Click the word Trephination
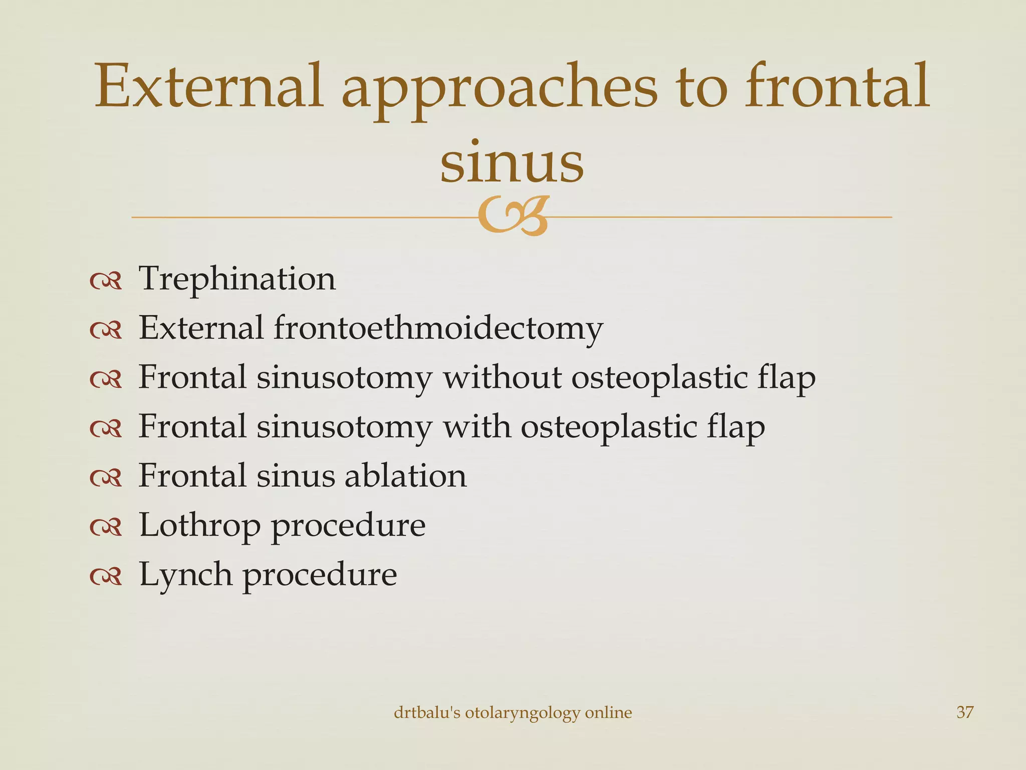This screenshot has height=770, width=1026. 236,279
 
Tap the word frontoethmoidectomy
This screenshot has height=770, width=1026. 438,328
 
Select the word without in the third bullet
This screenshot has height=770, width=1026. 501,377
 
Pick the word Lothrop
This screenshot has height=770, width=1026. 199,525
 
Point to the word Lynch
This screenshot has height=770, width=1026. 185,574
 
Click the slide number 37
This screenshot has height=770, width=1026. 965,712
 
